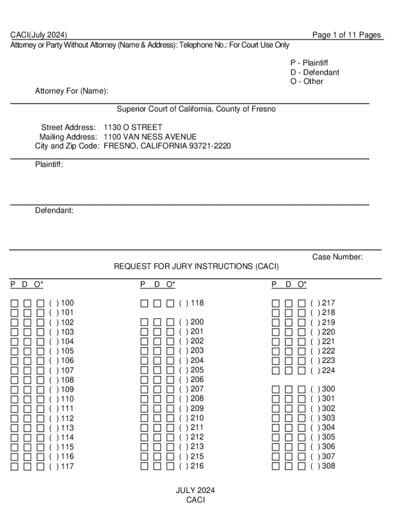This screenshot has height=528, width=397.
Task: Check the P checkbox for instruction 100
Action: coord(15,303)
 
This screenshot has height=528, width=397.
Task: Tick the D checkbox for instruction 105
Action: coord(27,351)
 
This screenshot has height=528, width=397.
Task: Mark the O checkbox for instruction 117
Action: coord(40,467)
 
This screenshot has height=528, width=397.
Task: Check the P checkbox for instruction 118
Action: coord(144,303)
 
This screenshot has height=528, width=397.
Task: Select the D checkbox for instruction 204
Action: coord(157,360)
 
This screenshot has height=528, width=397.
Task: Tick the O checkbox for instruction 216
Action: coord(170,466)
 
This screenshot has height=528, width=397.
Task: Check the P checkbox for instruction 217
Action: coord(276,303)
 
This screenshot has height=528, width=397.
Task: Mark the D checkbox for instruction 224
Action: coord(289,370)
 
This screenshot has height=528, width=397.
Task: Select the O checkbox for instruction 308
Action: coord(302,466)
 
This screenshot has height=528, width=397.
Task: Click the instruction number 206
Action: coord(197,379)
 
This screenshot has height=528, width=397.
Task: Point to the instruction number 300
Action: coord(328,389)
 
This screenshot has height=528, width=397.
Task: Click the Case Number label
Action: coord(337,257)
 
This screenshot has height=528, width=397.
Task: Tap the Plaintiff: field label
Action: coord(49,165)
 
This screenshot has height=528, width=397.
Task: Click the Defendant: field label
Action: coord(54,210)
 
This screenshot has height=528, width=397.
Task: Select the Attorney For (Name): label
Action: coord(72,91)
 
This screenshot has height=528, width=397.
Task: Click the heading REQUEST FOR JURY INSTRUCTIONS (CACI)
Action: coord(196,267)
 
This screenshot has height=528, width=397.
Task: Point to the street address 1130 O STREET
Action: coord(133,127)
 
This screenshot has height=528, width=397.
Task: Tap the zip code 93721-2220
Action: coord(210,146)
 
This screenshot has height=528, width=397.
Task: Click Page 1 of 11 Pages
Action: coord(346,35)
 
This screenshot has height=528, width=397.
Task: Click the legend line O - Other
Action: coord(307,81)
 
